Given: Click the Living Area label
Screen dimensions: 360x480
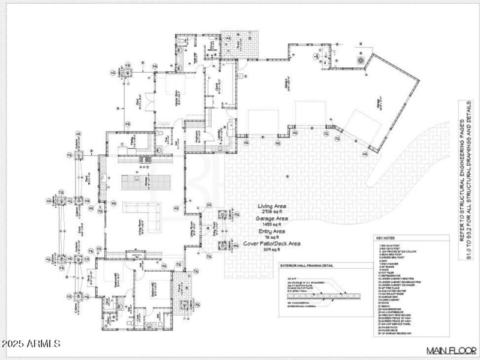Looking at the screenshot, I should [x=272, y=206].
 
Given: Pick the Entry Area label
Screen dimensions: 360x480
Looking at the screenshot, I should [x=272, y=231].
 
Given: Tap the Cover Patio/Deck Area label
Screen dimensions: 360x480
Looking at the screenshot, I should [x=272, y=244].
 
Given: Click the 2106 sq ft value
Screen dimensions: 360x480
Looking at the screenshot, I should [x=272, y=212].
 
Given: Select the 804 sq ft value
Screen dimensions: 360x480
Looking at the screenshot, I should [x=272, y=250].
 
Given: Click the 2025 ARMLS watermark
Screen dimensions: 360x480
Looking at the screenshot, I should [x=31, y=344].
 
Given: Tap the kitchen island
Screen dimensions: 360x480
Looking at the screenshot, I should [x=141, y=181].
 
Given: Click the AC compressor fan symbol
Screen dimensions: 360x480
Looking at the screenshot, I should [x=361, y=60].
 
